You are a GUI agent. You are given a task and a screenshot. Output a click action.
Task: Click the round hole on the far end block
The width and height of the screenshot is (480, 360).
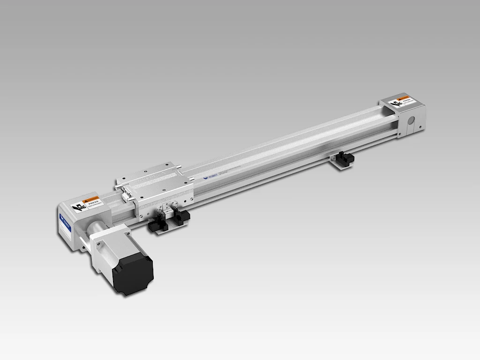coord(411,120)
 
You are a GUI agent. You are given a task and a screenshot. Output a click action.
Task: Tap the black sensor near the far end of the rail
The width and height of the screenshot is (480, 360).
coord(345,158)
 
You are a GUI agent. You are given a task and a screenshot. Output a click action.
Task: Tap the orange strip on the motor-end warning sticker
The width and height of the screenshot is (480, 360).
coord(93,199)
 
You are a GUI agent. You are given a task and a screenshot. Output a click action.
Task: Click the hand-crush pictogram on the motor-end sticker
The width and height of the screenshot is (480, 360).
coord(79,206)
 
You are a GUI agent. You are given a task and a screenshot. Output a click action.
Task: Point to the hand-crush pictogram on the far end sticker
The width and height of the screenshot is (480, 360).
coord(396,103)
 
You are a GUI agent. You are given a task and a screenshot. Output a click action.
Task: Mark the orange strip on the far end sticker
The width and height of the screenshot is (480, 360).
coord(406,97)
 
